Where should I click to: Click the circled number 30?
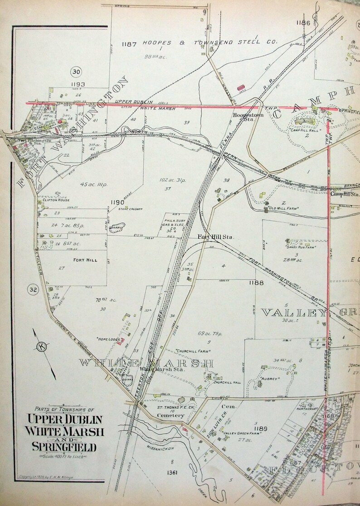[76, 71]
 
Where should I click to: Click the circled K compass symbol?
[42, 347]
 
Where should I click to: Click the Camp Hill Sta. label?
[344, 194]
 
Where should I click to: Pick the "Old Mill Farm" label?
[283, 208]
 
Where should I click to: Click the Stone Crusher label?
[131, 209]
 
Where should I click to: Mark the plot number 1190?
[116, 202]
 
